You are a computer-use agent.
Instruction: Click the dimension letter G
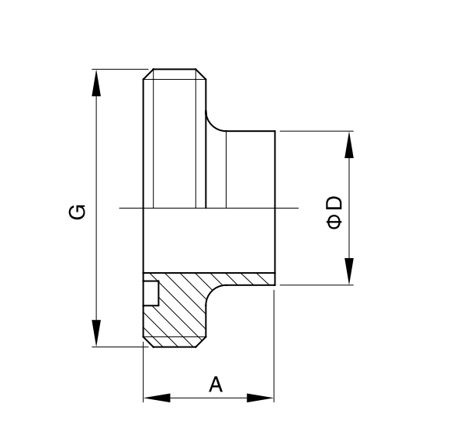[77, 212]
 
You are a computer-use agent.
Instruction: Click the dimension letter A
[216, 385]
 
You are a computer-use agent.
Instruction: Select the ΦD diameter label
[334, 212]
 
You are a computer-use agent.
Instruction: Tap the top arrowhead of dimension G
[96, 83]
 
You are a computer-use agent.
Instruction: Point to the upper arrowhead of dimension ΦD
[349, 145]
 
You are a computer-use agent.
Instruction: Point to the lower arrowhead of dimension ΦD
[349, 271]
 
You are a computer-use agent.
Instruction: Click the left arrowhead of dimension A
[157, 398]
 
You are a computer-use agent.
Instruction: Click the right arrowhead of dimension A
[260, 398]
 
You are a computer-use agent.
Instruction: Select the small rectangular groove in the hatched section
[151, 293]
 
